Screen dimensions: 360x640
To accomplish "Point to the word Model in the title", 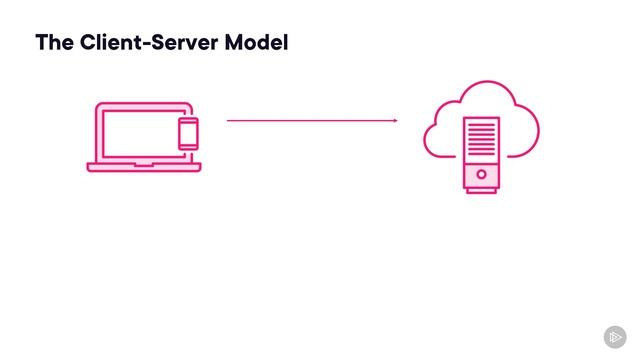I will coord(260,43).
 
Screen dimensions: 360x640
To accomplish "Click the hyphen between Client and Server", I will coord(150,44).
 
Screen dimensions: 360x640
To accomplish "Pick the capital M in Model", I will coord(240,43).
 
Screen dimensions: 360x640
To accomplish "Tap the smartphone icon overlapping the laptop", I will coord(188,133).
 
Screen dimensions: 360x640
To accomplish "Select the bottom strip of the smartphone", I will coord(188,147).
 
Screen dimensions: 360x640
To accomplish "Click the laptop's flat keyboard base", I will coord(143,167).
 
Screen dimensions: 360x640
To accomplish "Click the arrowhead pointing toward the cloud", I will coord(395,121).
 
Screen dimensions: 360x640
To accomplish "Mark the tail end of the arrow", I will coord(229,121).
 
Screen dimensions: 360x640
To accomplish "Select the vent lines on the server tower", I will coord(481,136).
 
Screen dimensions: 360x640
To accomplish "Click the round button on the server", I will coord(481,174).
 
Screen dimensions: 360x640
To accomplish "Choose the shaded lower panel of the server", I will coord(481,174).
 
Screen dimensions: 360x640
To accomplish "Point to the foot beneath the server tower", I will coord(481,190).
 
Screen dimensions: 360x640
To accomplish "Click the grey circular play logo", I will coord(614,336).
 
